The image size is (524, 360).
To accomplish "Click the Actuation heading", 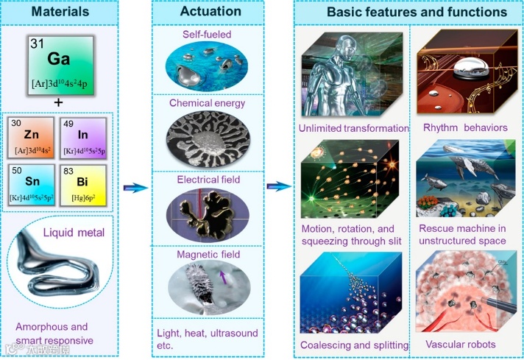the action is coord(208,13).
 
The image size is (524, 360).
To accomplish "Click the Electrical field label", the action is coord(207,179).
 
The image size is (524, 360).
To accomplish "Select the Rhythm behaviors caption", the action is coord(465,128).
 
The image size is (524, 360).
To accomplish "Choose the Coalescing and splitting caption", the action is coord(353,345).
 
